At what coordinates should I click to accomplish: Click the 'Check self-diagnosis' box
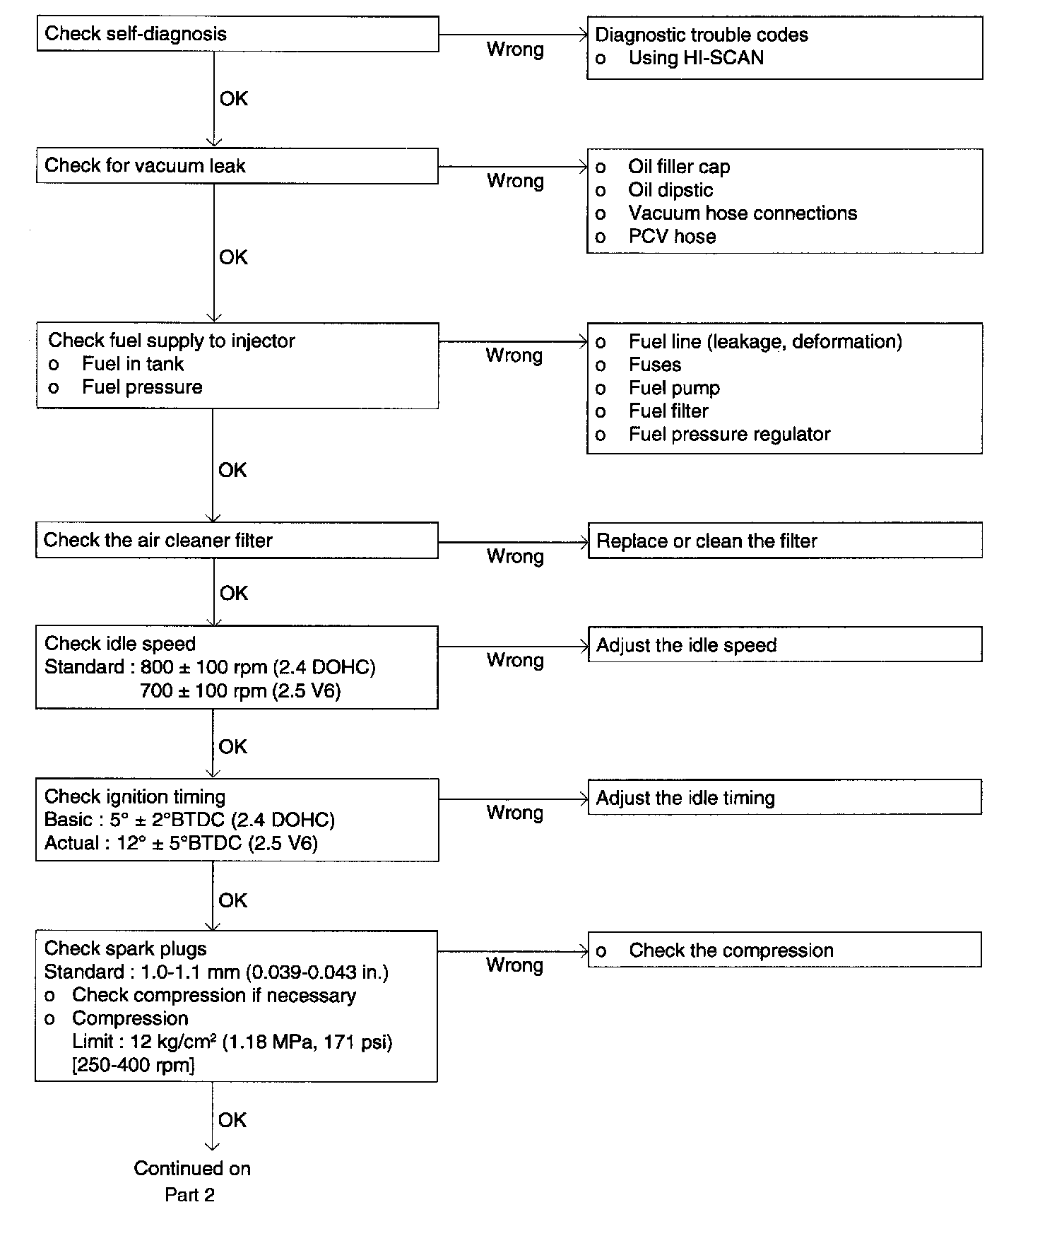[237, 34]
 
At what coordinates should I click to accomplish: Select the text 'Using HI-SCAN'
[696, 58]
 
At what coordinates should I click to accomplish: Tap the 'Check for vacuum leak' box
[237, 166]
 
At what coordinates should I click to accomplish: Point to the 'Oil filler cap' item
[678, 167]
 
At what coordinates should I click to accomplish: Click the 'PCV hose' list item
[672, 237]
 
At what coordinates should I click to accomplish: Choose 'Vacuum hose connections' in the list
[742, 213]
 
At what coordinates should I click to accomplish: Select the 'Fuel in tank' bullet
[132, 364]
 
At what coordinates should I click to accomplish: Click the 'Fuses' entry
[655, 365]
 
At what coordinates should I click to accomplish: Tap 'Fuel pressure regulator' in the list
[729, 435]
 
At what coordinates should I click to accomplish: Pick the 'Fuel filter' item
[668, 411]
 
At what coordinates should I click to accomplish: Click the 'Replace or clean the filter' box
[784, 541]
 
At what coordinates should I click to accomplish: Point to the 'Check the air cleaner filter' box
[237, 541]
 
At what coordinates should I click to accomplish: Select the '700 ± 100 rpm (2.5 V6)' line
[240, 690]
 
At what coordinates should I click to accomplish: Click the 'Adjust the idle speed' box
[784, 645]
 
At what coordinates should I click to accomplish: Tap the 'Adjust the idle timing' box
[784, 798]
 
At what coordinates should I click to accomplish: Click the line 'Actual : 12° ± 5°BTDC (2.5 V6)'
[181, 843]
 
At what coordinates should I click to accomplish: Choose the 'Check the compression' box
[784, 950]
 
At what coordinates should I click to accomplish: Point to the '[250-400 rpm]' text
[134, 1065]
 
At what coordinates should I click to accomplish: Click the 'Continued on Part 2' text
[191, 1182]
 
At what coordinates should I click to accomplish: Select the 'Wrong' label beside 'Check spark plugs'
[514, 965]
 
